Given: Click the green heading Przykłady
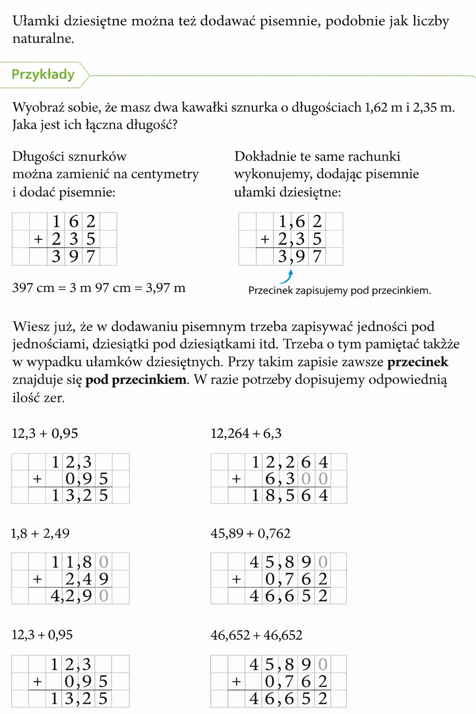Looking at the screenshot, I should coord(43,74).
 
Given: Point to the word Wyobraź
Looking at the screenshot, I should coord(37,107).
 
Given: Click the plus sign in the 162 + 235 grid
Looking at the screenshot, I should coord(38,239).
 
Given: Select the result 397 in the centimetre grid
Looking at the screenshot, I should coord(73,256).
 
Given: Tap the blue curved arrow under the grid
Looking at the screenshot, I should coord(287,276).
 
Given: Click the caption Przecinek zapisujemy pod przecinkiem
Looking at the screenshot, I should coord(339,291).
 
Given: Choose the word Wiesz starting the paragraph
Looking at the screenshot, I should coord(29,327).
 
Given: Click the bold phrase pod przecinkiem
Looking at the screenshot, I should coord(136,380).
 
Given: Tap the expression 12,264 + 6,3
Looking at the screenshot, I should coord(246,434).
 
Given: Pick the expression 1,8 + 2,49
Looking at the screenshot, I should coord(40,533).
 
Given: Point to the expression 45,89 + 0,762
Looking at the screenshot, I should coord(250,533).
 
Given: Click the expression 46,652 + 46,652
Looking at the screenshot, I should coord(256,635).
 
